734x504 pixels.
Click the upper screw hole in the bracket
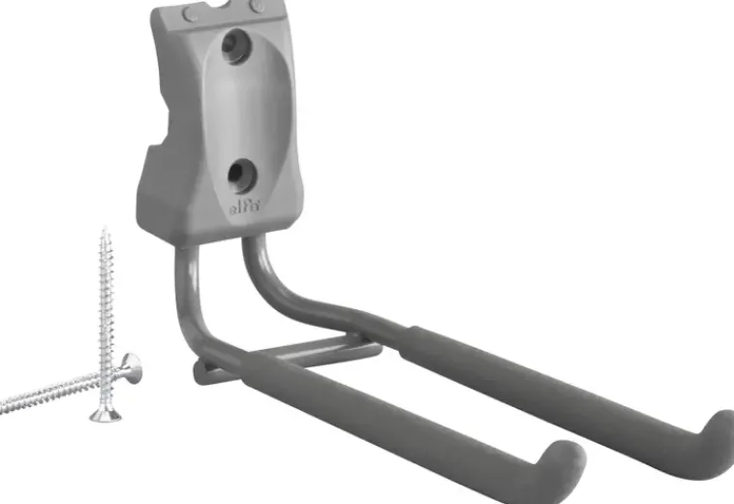[x=236, y=46]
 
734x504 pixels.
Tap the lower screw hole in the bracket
[x=242, y=175]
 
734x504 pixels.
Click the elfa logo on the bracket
[x=245, y=206]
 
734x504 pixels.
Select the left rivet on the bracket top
[x=190, y=15]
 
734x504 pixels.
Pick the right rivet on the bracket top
[x=257, y=6]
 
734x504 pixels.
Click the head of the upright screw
[x=106, y=415]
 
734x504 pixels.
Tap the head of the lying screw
[x=131, y=368]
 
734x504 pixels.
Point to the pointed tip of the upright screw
[x=105, y=231]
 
